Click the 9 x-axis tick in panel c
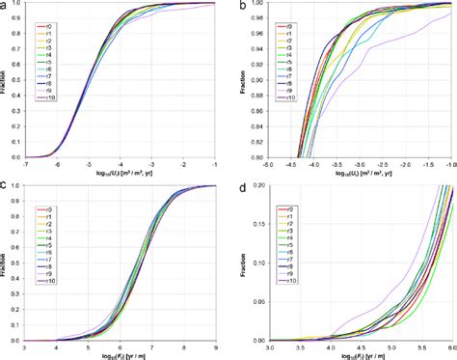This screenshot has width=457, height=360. [217, 346]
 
